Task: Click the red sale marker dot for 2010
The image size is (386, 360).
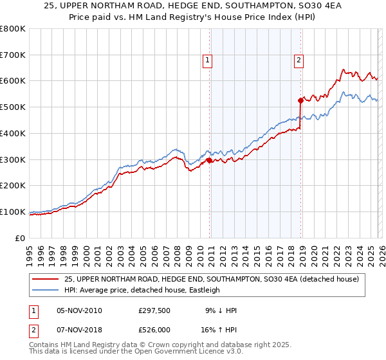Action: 210,160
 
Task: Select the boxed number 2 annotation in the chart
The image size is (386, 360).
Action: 299,61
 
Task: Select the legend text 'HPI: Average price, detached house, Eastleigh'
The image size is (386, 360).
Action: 142,290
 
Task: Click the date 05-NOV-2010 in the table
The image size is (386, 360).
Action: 79,310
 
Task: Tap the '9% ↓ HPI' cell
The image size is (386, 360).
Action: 221,310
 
